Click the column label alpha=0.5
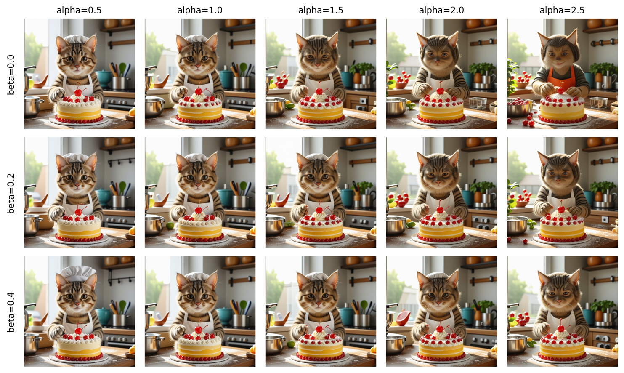pyautogui.click(x=79, y=11)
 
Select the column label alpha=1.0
pyautogui.click(x=200, y=11)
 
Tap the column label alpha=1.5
pyautogui.click(x=321, y=11)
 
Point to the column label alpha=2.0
pyautogui.click(x=441, y=11)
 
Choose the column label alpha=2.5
pyautogui.click(x=562, y=11)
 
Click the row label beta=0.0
pyautogui.click(x=11, y=75)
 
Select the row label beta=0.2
pyautogui.click(x=11, y=194)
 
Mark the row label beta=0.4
pyautogui.click(x=11, y=312)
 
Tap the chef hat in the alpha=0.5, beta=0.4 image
pyautogui.click(x=78, y=273)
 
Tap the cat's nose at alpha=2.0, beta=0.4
pyautogui.click(x=439, y=302)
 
